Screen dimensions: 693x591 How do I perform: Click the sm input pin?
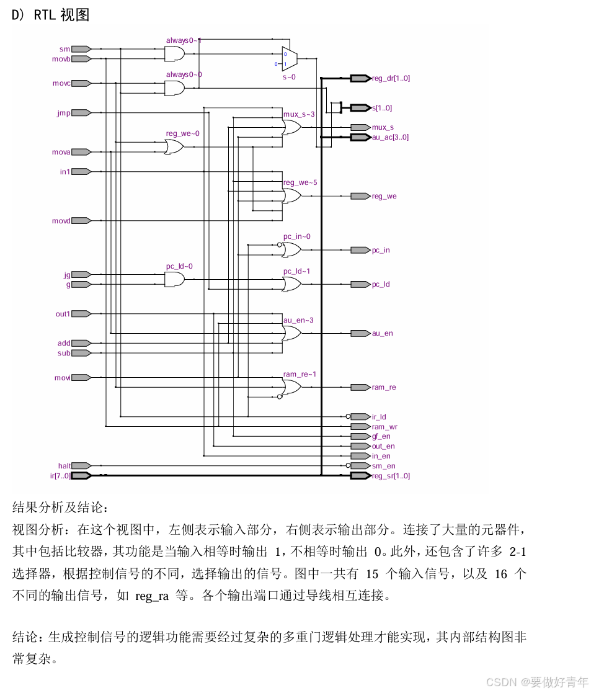(81, 49)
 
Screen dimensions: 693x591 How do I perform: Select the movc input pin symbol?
(81, 83)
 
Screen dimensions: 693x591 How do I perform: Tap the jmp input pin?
(81, 113)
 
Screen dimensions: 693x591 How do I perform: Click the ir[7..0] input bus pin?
(81, 476)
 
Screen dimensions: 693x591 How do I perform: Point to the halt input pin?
(81, 466)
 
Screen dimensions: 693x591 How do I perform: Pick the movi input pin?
(81, 377)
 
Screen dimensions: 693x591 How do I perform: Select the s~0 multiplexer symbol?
(290, 59)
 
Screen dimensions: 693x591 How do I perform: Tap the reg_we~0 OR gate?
(174, 147)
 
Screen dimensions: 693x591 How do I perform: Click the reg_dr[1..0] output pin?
(360, 78)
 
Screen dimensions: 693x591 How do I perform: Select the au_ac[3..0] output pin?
(360, 137)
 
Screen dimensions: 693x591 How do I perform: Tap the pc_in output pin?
(360, 250)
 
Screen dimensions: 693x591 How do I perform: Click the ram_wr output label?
(384, 427)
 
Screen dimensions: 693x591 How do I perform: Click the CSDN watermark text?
(537, 682)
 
